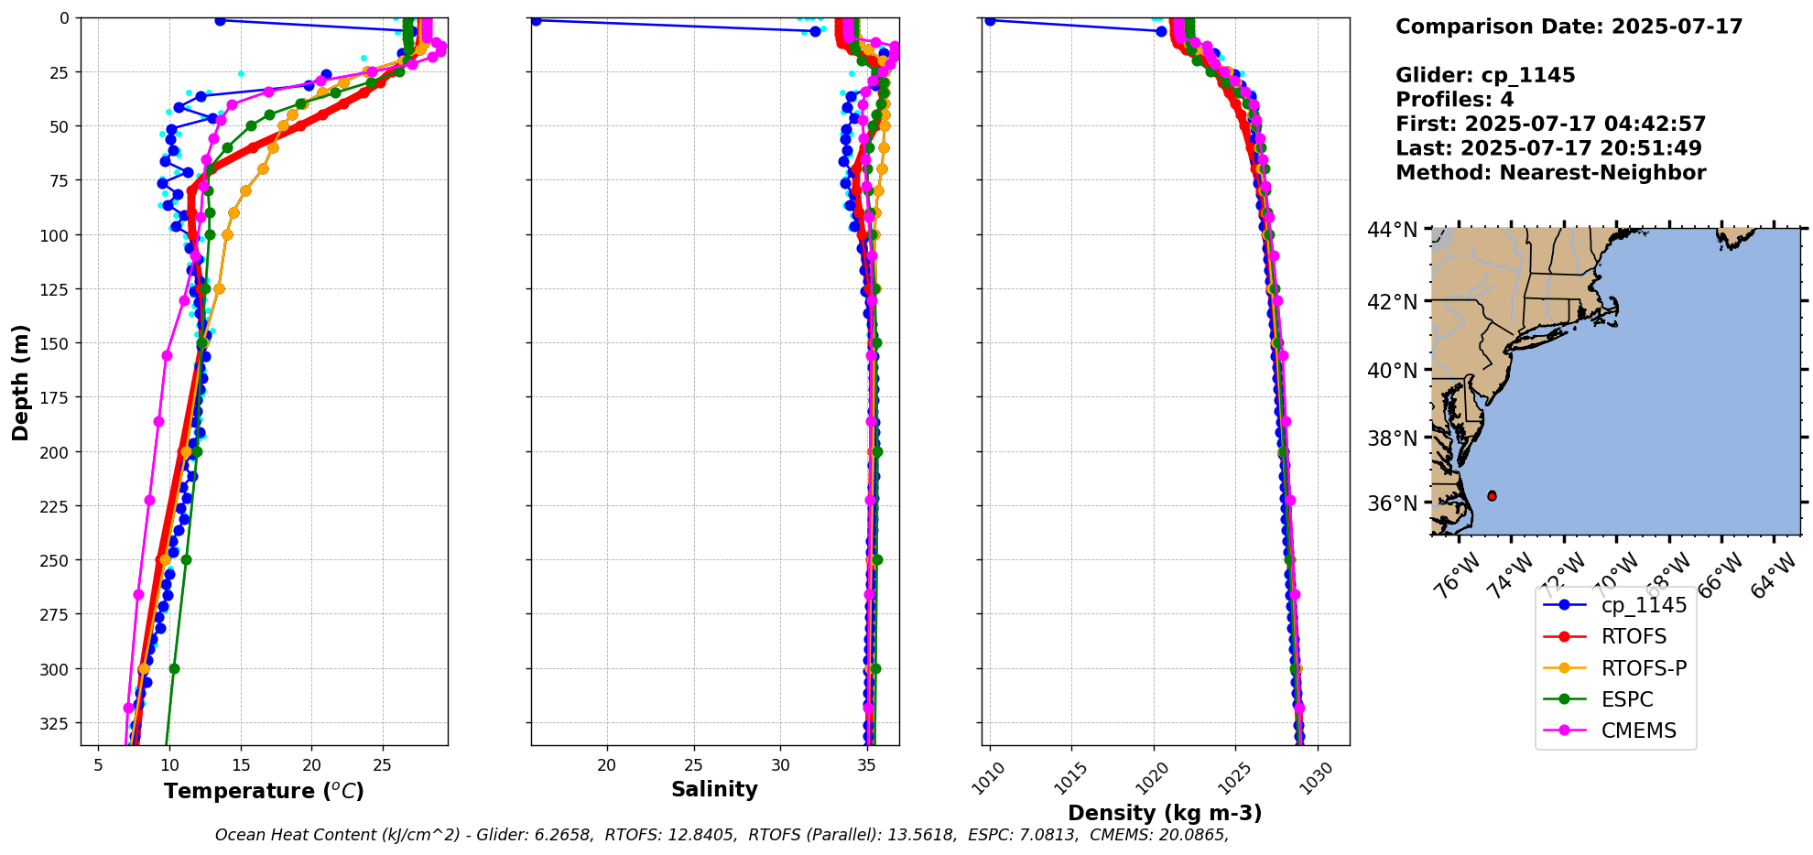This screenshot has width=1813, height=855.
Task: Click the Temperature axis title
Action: [x=264, y=791]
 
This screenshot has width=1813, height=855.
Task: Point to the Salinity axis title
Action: [x=714, y=789]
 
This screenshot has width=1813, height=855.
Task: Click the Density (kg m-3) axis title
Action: [x=1165, y=813]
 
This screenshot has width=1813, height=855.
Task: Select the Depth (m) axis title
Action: [x=20, y=382]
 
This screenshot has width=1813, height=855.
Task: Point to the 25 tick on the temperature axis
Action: [x=383, y=765]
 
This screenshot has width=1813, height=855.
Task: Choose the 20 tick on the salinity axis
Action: [x=606, y=765]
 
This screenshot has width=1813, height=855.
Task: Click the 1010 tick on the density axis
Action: [x=988, y=779]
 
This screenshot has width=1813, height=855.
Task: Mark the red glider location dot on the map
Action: [x=1492, y=495]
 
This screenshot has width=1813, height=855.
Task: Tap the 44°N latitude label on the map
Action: [x=1392, y=230]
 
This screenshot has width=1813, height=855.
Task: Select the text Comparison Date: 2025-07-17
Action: [x=1569, y=27]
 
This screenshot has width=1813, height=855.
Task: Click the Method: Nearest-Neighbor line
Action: [x=1550, y=173]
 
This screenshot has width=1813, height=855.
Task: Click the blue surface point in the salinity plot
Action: [x=536, y=20]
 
